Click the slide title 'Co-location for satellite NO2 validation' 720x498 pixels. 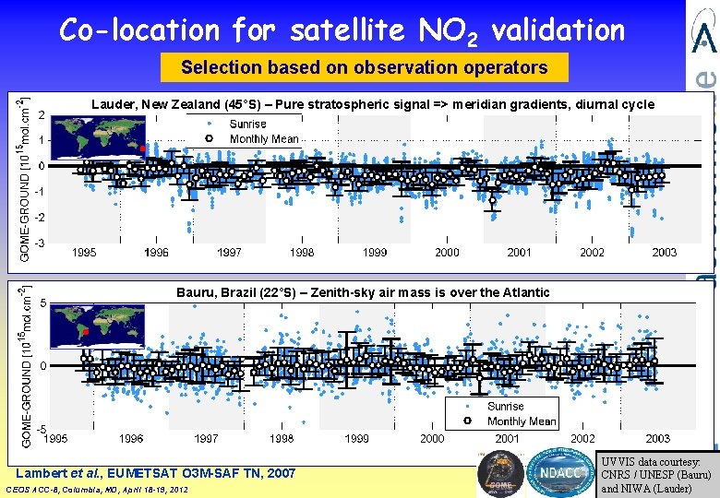pos(342,30)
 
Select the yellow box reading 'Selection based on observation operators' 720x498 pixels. pos(364,67)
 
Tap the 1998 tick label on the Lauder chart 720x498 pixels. pos(302,253)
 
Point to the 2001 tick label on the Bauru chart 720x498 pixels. pos(507,439)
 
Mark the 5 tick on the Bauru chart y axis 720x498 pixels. pos(43,302)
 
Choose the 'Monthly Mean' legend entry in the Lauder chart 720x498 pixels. pos(264,139)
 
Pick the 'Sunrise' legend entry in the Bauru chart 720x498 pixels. pos(505,406)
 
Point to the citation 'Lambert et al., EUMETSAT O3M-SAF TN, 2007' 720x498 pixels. pos(157,473)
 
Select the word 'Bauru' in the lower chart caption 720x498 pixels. pos(196,292)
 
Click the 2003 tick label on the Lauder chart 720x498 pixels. pos(664,253)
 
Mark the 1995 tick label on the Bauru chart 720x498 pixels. pos(57,439)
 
